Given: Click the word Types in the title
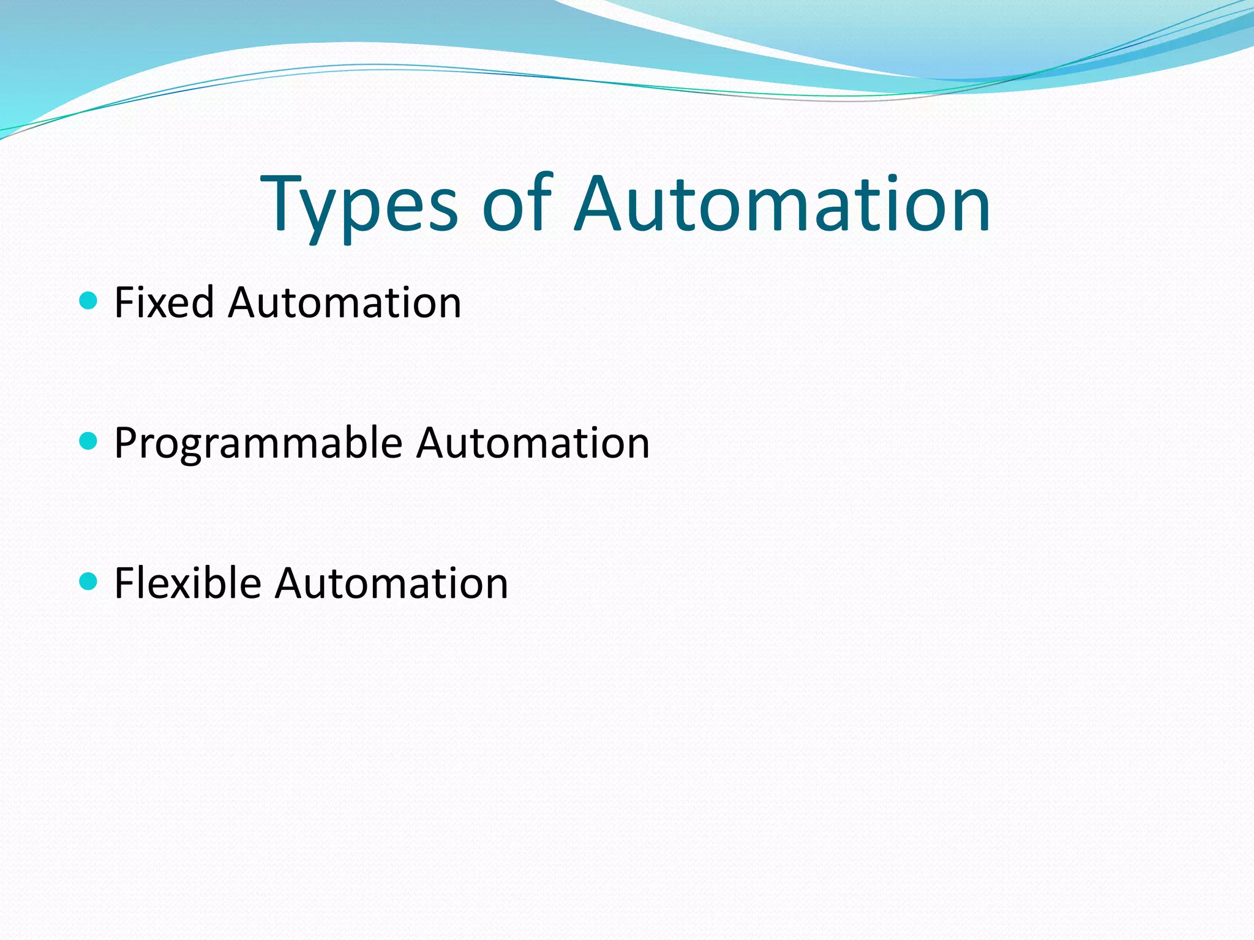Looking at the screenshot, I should click(359, 205).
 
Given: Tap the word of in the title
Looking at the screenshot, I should click(517, 205).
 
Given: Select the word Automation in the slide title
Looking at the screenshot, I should click(782, 205).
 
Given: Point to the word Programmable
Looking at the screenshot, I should click(258, 444).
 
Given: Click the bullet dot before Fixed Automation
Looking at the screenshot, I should click(89, 300).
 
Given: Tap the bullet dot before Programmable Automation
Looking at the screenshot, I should click(89, 441).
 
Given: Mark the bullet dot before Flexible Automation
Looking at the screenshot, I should click(89, 581).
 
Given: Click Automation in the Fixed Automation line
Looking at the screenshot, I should click(345, 303).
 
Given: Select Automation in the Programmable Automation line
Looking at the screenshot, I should click(533, 444).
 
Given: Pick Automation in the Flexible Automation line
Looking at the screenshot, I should click(392, 583).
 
